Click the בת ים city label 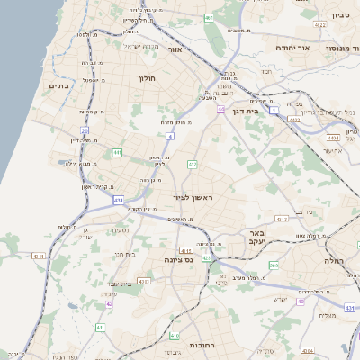point(58,85)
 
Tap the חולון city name point(148,78)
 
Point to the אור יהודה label point(292,48)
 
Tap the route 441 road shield point(117,153)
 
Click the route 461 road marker point(209,17)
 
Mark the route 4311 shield point(38,256)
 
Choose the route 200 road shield point(274,265)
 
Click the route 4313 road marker point(282,219)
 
